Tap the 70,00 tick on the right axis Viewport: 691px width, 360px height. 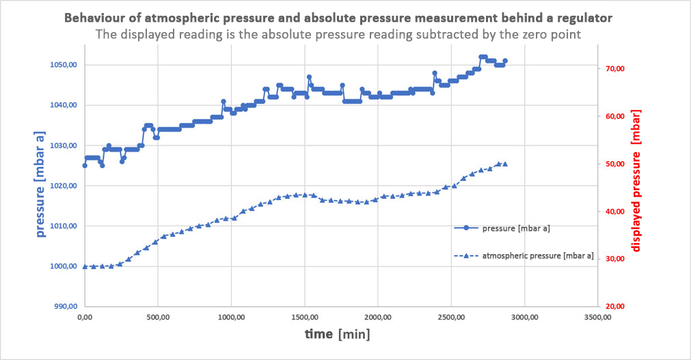(x=614, y=69)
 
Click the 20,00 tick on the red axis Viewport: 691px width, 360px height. (x=614, y=307)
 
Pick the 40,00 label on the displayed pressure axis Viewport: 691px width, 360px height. (x=614, y=212)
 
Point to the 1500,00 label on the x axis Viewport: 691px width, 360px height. (x=304, y=318)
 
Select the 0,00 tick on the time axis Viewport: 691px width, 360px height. (x=85, y=318)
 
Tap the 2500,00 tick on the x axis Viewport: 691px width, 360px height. (x=450, y=318)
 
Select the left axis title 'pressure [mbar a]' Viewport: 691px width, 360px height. (x=42, y=186)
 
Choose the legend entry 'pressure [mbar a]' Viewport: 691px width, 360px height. (x=516, y=228)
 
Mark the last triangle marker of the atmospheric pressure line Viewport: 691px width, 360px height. (x=505, y=164)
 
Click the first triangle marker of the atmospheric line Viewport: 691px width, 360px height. (x=85, y=266)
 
